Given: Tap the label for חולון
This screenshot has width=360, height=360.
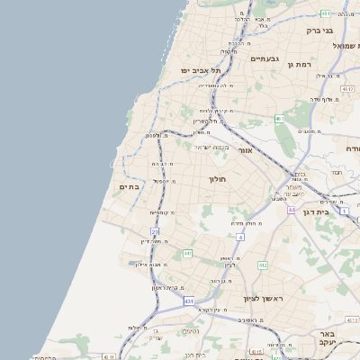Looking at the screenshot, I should (218, 179).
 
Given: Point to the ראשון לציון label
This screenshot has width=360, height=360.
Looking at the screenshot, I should (263, 298).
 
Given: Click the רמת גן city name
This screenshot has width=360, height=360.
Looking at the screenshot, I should (299, 65).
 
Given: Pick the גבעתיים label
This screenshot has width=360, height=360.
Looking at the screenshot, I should (265, 58).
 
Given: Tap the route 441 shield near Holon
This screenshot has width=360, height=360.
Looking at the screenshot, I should (187, 255).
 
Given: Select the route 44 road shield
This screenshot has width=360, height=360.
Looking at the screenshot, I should (292, 210).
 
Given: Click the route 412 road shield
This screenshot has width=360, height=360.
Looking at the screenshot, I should (262, 265).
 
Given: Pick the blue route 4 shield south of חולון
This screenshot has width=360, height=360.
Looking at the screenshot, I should (240, 237).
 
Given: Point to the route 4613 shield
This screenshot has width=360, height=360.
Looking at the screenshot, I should (352, 319).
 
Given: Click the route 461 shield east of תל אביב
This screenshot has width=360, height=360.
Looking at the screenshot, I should (280, 118).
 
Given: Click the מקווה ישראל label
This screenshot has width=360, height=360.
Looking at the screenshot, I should (213, 147).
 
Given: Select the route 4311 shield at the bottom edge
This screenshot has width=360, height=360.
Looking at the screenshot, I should (109, 356).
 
